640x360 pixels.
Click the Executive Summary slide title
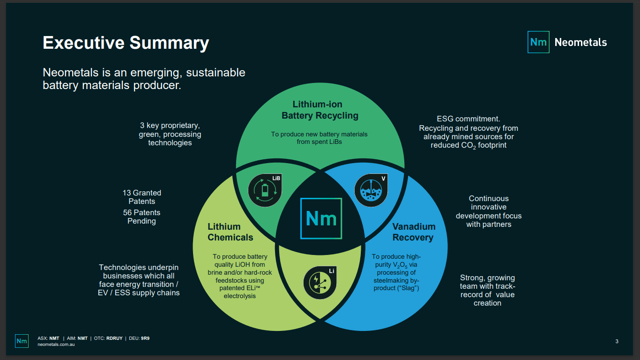[x=126, y=43]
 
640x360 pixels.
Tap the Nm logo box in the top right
[x=538, y=42]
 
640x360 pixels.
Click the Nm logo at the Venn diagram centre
[x=321, y=218]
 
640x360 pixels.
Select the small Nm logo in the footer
[x=22, y=341]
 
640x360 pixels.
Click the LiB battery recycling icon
[x=265, y=190]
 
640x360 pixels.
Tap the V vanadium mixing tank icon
[x=371, y=190]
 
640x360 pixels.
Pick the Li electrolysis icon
[x=320, y=283]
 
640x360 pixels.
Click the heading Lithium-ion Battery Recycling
[x=320, y=110]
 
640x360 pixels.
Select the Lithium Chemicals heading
[x=231, y=232]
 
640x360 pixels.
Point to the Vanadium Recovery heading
[x=414, y=232]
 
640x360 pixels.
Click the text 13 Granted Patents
[x=141, y=197]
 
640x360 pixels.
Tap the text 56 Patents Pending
[x=141, y=217]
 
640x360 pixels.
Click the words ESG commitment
[x=468, y=119]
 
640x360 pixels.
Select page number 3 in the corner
[x=617, y=341]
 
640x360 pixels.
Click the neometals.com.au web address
[x=56, y=345]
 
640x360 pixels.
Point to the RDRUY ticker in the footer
[x=114, y=338]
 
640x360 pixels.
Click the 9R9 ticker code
[x=145, y=338]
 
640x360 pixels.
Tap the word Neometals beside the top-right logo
[x=580, y=42]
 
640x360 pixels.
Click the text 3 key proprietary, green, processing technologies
[x=170, y=134]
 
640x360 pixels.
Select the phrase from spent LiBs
[x=319, y=142]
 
